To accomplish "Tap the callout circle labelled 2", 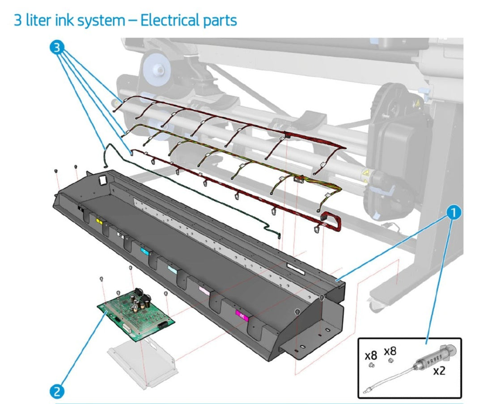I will [57, 391].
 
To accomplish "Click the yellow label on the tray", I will [99, 221].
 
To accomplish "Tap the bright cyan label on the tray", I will [144, 251].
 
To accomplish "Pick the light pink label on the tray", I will [204, 291].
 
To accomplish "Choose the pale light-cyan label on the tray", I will [172, 270].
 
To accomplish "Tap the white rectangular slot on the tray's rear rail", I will [296, 268].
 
